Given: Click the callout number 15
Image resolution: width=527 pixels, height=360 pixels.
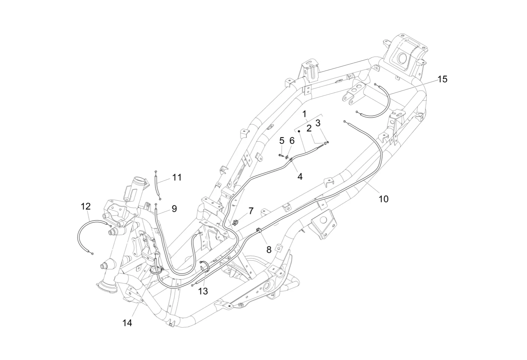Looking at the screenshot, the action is [x=442, y=79].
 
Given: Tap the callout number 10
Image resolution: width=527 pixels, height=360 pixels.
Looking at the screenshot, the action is [x=384, y=199].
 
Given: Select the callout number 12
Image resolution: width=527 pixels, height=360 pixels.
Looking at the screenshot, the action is [x=86, y=206].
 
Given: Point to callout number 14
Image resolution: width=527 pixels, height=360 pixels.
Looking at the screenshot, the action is [x=127, y=323].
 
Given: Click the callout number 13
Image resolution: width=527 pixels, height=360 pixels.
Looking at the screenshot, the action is [x=203, y=291].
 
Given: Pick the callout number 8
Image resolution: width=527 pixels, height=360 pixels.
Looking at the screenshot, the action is [x=269, y=249].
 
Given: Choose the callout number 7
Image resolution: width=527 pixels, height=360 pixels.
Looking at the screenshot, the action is [x=251, y=211].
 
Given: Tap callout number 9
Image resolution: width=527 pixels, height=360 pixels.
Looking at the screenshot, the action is [x=174, y=209].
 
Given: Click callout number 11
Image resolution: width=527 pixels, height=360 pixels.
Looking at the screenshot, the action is [x=177, y=178].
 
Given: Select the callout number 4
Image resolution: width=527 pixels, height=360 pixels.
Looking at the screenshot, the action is [x=300, y=176].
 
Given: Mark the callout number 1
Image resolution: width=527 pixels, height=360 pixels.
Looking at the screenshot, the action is [x=305, y=114].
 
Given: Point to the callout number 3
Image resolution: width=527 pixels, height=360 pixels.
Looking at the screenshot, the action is [x=318, y=123].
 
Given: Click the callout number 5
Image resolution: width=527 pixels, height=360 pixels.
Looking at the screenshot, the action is [x=282, y=141].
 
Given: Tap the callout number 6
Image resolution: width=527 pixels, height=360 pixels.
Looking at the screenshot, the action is [x=292, y=141].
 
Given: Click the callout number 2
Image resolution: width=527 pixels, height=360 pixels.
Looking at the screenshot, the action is [x=309, y=128].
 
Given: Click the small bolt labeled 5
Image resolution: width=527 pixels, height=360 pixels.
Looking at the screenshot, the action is [x=281, y=155].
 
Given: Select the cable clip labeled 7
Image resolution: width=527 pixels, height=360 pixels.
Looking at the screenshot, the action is [x=235, y=222].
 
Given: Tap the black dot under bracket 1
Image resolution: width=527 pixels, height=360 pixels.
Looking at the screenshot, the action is [x=299, y=131].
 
